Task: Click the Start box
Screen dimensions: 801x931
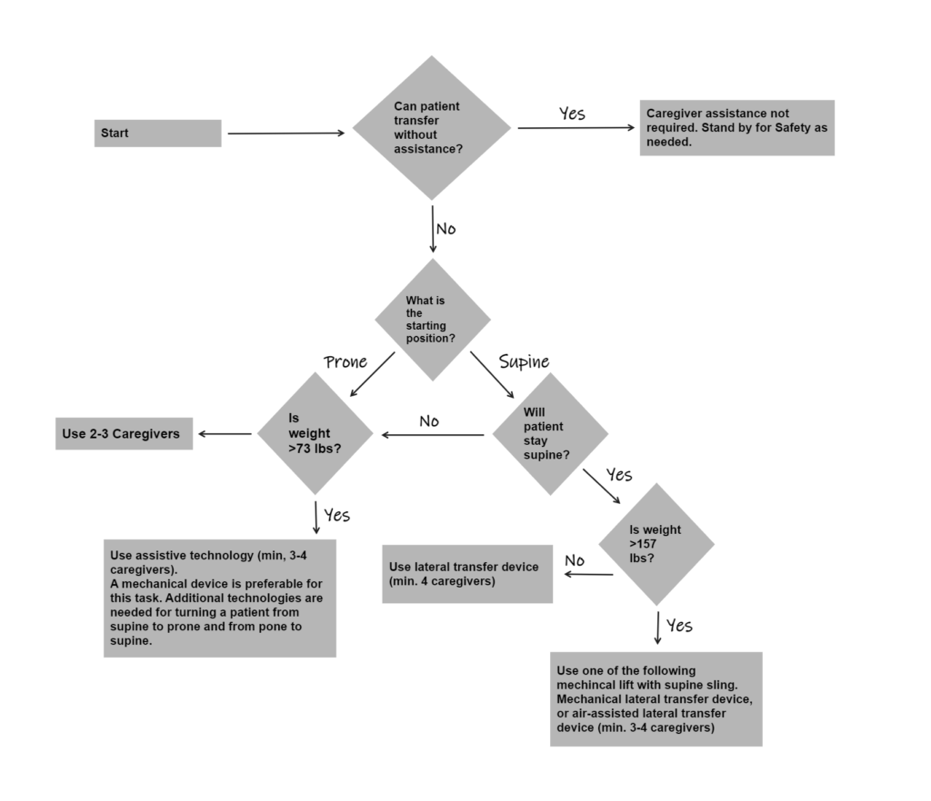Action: [x=157, y=133]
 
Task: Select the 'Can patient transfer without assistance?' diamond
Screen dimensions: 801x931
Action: [x=432, y=128]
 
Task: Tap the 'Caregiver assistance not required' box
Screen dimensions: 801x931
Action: [x=736, y=128]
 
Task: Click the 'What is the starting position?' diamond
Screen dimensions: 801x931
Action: [x=433, y=320]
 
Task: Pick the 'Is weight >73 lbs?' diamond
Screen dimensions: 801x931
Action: [x=315, y=435]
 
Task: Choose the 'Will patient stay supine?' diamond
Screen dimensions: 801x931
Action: [x=550, y=434]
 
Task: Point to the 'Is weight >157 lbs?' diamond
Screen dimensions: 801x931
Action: [x=656, y=544]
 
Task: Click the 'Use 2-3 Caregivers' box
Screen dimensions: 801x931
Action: [x=124, y=434]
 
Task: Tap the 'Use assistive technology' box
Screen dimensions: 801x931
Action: [x=219, y=598]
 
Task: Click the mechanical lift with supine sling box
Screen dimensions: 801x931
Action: [x=656, y=698]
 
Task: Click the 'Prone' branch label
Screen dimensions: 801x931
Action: [x=345, y=362]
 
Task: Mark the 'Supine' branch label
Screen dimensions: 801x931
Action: [x=524, y=361]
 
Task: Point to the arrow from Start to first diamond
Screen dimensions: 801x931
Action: [x=285, y=133]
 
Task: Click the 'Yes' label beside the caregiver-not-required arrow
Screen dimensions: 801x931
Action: [x=572, y=114]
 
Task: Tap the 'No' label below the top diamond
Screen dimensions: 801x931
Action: [x=445, y=229]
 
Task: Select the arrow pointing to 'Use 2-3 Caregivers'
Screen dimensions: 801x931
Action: [x=225, y=434]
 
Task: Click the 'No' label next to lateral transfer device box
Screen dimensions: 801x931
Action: [x=575, y=561]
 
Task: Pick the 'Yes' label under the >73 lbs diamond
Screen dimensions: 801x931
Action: [x=336, y=516]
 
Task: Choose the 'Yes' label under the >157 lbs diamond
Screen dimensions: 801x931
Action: [x=679, y=626]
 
